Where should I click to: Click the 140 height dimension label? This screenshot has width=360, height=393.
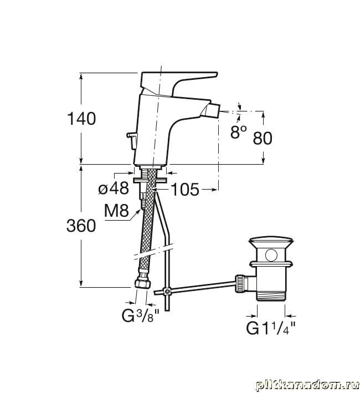pos(81,119)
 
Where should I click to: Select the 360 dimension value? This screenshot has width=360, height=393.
pos(81,225)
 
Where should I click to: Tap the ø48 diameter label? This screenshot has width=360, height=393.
pos(114,188)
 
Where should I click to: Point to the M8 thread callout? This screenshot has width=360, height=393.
pos(116,211)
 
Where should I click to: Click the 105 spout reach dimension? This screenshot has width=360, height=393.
pos(185,189)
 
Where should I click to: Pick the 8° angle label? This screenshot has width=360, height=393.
pos(238,132)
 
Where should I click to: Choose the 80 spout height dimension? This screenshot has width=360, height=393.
pos(263,138)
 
